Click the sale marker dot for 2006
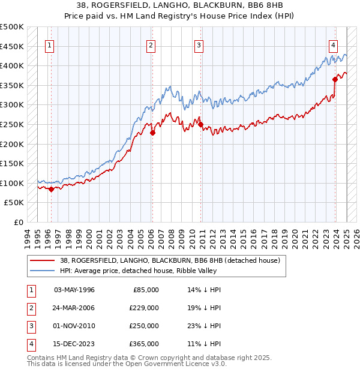pyautogui.click(x=152, y=133)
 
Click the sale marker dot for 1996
pyautogui.click(x=51, y=189)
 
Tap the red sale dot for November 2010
pyautogui.click(x=200, y=125)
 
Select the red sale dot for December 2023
pyautogui.click(x=335, y=79)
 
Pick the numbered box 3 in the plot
pyautogui.click(x=199, y=44)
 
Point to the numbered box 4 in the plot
pyautogui.click(x=332, y=44)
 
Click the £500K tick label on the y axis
pyautogui.click(x=12, y=27)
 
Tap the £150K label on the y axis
pyautogui.click(x=12, y=163)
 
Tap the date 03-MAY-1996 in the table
pyautogui.click(x=74, y=290)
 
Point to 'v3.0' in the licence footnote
pyautogui.click(x=217, y=364)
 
